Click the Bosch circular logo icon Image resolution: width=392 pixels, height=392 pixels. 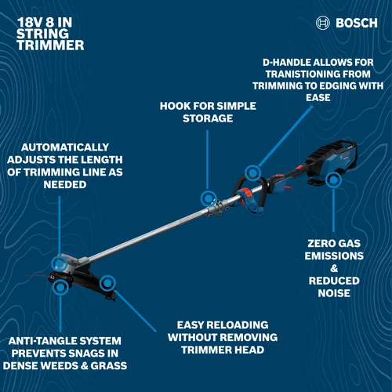tap(323, 23)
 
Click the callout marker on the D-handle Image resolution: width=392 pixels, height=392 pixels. tap(252, 172)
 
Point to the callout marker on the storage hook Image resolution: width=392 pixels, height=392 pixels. tap(208, 198)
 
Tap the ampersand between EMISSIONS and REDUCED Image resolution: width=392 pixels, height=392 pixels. tap(335, 268)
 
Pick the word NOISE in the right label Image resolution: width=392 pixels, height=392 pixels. tap(335, 293)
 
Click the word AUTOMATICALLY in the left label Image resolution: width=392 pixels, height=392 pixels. tap(65, 147)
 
